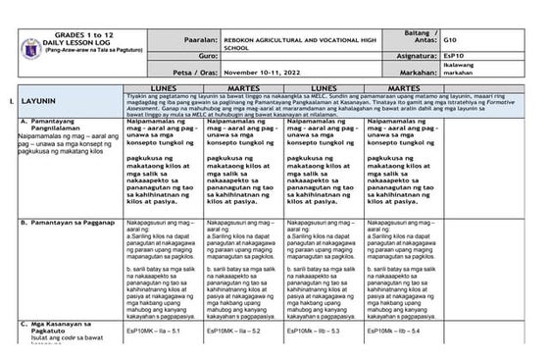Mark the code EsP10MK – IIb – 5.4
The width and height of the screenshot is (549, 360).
(x=397, y=331)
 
